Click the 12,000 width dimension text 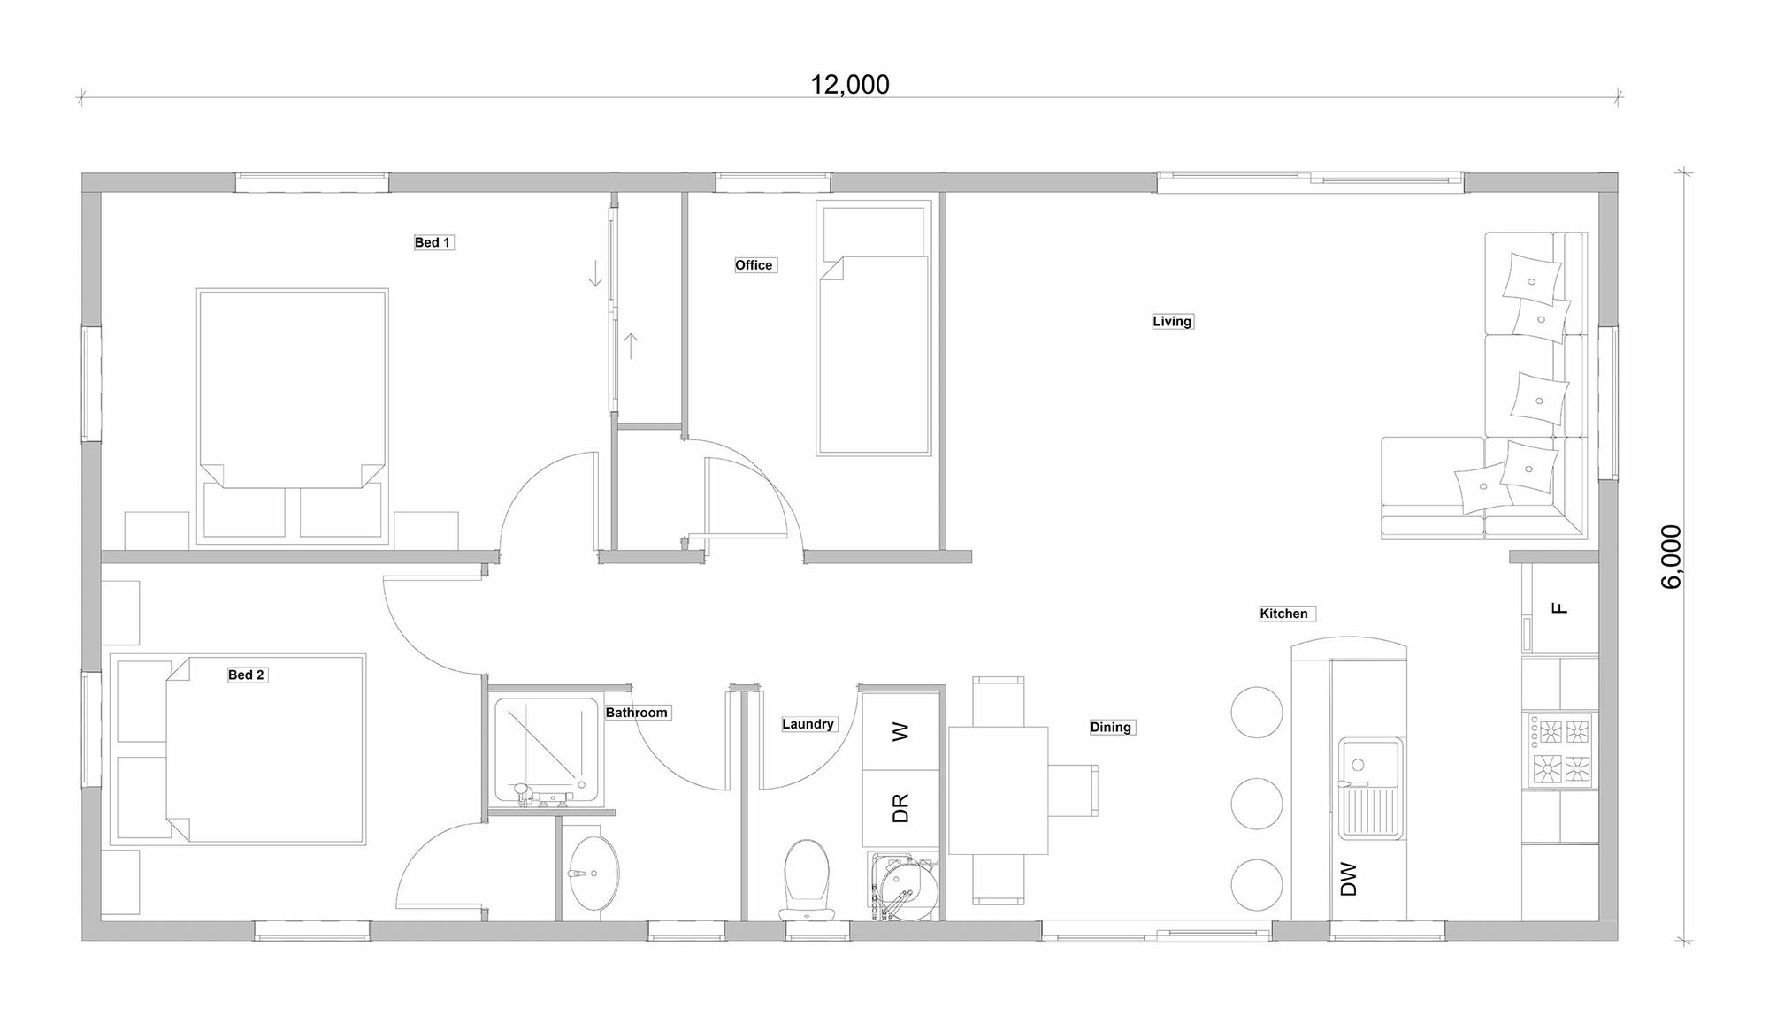point(850,85)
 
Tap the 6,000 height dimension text point(1671,556)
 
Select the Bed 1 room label point(433,242)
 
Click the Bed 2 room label point(246,675)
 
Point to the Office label point(754,265)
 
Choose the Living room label point(1172,321)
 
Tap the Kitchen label point(1283,614)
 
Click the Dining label point(1110,727)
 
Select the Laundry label point(808,724)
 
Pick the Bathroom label point(636,713)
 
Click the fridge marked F point(1560,607)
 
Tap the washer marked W point(900,731)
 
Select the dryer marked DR point(900,808)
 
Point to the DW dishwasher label point(1349,879)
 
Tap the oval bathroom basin point(593,873)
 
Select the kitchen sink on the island point(1370,787)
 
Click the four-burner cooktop point(1559,751)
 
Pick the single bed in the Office point(874,354)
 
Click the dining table point(998,790)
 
